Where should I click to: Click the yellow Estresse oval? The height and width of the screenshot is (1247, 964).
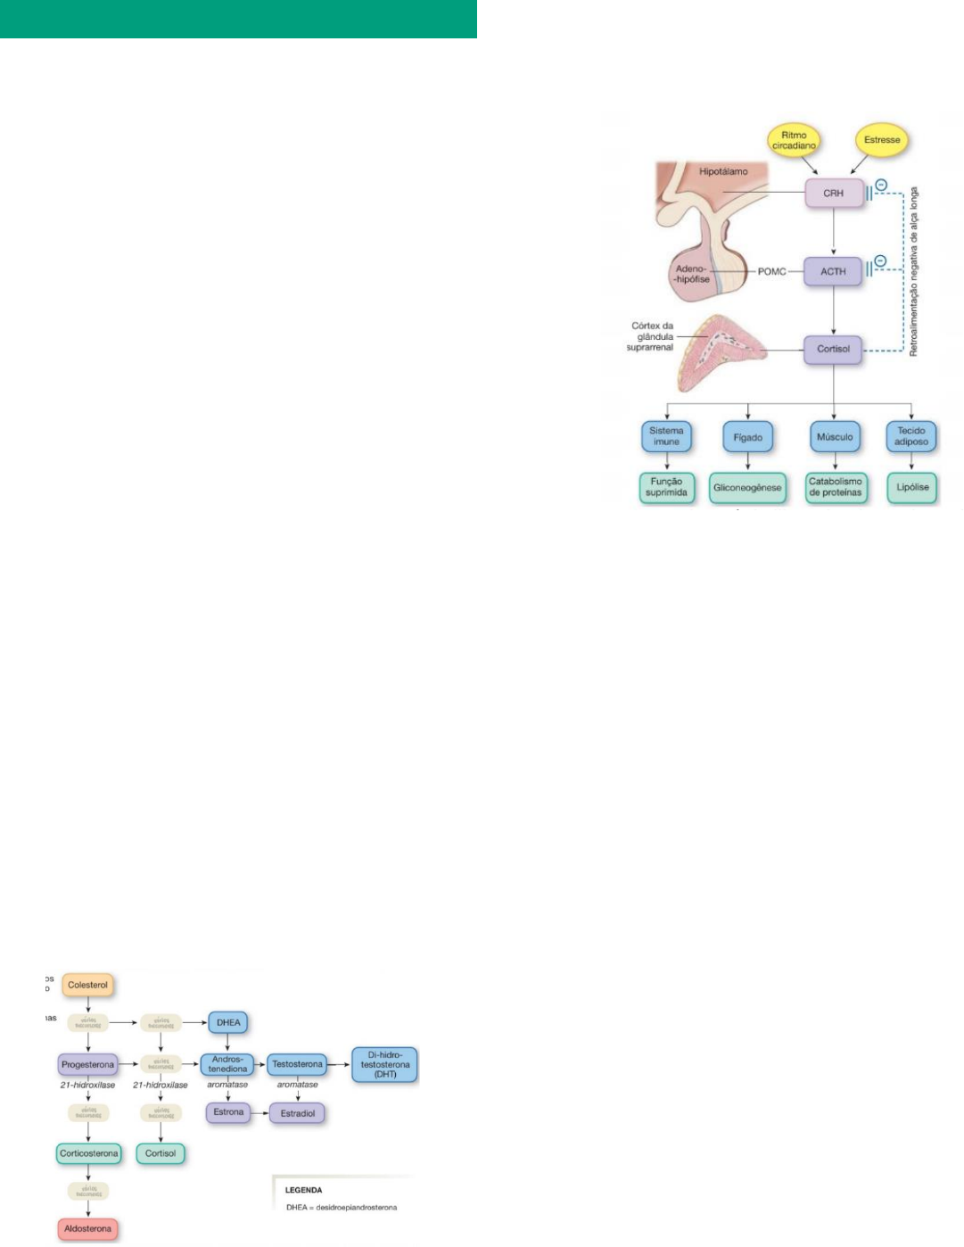[881, 140]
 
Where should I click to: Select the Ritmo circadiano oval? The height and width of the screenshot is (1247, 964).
[794, 141]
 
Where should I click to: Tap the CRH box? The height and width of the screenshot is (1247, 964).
[833, 193]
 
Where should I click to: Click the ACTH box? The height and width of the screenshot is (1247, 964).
[833, 271]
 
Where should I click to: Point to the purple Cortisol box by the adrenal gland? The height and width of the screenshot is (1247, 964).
[833, 349]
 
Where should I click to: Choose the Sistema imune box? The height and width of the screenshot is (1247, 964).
[666, 436]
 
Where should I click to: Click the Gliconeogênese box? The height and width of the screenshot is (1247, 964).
[747, 488]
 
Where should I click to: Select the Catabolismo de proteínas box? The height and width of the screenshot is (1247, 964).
[836, 487]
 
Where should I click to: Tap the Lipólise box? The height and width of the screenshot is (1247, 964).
[912, 487]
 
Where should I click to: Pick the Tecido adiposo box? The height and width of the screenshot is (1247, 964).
[911, 436]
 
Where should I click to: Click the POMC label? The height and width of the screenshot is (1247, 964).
[771, 271]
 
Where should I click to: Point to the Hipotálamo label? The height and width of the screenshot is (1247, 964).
[723, 171]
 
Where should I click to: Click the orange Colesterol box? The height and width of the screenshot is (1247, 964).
[87, 985]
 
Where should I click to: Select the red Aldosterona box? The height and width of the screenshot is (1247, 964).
[87, 1229]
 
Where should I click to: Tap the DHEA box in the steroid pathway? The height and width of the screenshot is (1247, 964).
[228, 1022]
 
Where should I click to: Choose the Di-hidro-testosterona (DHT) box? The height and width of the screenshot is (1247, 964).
[385, 1064]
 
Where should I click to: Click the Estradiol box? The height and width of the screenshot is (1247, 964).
[298, 1113]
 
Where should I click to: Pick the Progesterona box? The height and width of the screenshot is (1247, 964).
[87, 1064]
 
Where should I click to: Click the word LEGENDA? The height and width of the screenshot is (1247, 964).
[303, 1190]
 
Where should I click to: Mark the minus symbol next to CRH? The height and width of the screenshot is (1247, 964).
[880, 186]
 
